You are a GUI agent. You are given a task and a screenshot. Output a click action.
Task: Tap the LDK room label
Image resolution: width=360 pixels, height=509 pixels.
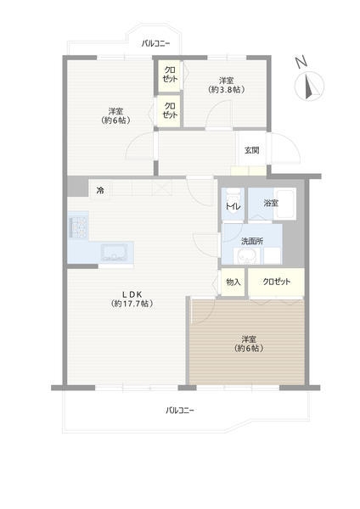(x=132, y=294)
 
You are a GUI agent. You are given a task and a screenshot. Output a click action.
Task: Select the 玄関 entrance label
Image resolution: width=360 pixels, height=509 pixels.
(x=252, y=150)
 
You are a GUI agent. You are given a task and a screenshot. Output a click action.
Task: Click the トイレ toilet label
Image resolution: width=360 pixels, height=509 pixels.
(x=233, y=206)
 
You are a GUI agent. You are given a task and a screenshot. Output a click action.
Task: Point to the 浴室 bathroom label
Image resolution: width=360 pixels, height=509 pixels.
(x=271, y=204)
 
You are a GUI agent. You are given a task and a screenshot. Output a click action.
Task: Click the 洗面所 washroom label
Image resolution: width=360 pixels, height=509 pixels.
(x=252, y=241)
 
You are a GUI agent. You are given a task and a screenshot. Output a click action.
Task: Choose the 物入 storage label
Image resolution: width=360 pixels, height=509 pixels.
(x=233, y=282)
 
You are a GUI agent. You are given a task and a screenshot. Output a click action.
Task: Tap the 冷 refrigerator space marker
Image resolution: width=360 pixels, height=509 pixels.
(x=100, y=191)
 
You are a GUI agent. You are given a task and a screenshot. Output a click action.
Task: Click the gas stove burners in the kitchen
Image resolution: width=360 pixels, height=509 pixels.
(x=78, y=227)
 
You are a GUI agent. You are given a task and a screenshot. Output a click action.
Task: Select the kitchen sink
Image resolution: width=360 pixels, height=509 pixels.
(x=114, y=253)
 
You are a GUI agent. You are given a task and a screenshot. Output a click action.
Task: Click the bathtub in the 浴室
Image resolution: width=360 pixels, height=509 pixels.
(x=284, y=204)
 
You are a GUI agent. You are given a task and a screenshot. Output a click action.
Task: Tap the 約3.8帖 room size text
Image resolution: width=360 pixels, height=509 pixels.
(x=226, y=90)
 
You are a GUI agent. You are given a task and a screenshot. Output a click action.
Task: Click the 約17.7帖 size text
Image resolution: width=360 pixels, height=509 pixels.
(x=132, y=304)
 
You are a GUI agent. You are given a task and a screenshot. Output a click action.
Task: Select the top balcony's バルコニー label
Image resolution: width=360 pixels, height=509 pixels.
(x=155, y=43)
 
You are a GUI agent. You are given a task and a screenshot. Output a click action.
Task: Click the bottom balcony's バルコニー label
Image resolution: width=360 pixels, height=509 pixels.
(x=180, y=411)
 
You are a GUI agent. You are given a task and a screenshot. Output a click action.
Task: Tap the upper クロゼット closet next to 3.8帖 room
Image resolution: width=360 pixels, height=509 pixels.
(x=169, y=75)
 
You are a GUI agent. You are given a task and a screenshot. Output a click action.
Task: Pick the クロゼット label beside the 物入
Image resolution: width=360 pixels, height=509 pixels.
(x=277, y=282)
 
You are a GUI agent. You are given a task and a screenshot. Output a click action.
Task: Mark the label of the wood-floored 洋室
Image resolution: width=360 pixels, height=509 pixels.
(x=249, y=344)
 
